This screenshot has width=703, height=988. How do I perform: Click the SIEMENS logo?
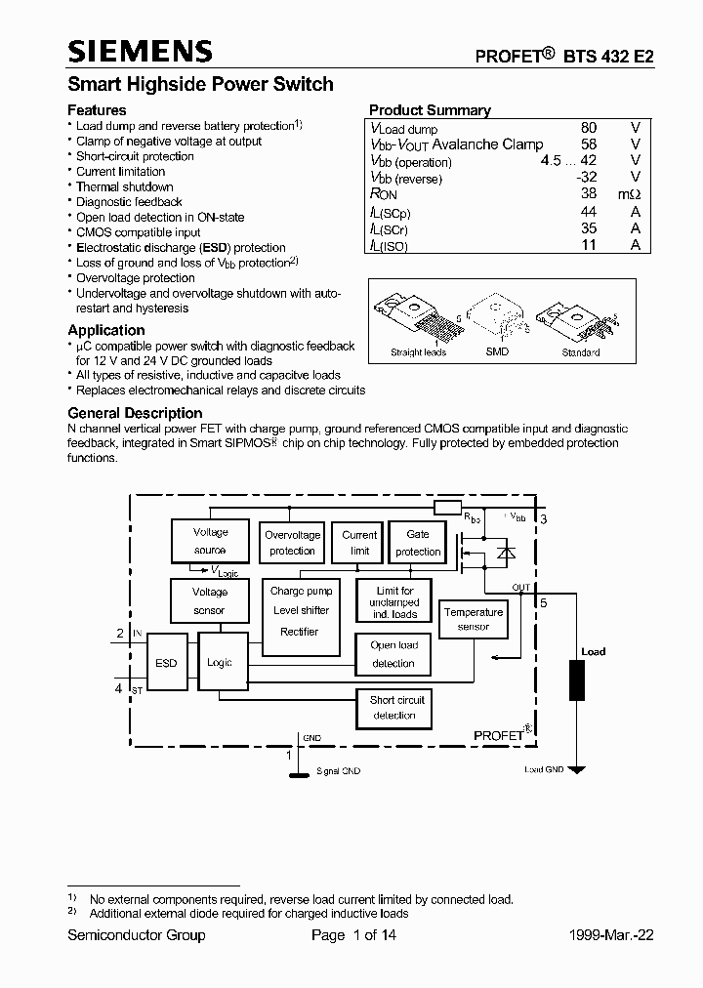coord(139,52)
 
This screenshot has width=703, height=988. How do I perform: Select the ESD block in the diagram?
coord(166,664)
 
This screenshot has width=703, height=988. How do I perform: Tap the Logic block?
coord(220,663)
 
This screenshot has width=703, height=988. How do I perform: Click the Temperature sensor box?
coord(474,619)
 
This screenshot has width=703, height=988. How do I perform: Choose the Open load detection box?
coord(393,654)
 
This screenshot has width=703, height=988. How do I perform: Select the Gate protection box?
coord(418,543)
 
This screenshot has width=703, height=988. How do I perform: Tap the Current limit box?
coord(359,543)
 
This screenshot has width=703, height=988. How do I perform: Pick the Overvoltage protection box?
coord(292,543)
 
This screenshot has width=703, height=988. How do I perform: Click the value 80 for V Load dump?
coord(589,128)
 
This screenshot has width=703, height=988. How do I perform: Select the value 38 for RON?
coord(589,194)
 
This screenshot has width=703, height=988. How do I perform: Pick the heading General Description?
coord(135,413)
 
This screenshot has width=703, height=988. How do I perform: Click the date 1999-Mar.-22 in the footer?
coord(611,935)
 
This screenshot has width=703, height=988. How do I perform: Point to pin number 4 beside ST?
coord(119,688)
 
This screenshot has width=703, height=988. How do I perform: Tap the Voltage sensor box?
coord(210,601)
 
